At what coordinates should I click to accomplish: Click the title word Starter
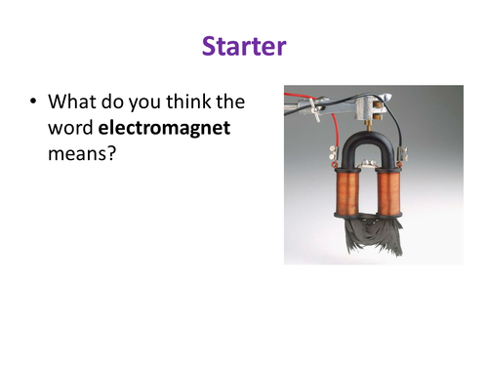tap(243, 46)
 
